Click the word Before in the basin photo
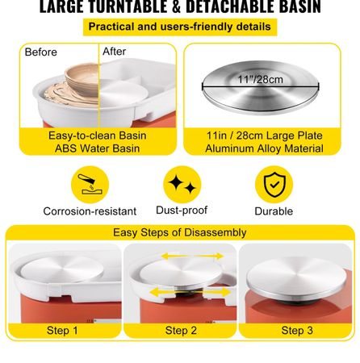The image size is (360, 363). pos(41,52)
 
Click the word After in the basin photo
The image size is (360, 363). pos(115,52)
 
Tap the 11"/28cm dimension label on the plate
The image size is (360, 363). pos(260,79)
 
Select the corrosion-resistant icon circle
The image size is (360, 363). pos(90,185)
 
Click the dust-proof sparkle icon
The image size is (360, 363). pos(182,185)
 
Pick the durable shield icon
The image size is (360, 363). pos(274,185)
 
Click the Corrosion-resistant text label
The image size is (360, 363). pos(90,211)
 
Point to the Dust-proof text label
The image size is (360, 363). pos(182,211)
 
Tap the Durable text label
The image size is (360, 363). pos(274,211)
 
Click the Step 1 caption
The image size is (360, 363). pos(62,331)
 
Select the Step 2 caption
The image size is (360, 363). pos(181,331)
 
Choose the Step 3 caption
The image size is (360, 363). pos(297,331)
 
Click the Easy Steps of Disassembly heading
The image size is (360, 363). pos(180,232)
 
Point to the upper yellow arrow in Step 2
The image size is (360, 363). pos(192,257)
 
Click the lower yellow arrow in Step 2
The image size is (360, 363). pos(190,292)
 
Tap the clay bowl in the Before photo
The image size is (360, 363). pos(82,78)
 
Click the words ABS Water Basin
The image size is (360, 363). pos(98,148)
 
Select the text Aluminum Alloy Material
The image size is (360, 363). pos(264,148)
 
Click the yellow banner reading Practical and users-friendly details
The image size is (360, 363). pos(180,27)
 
